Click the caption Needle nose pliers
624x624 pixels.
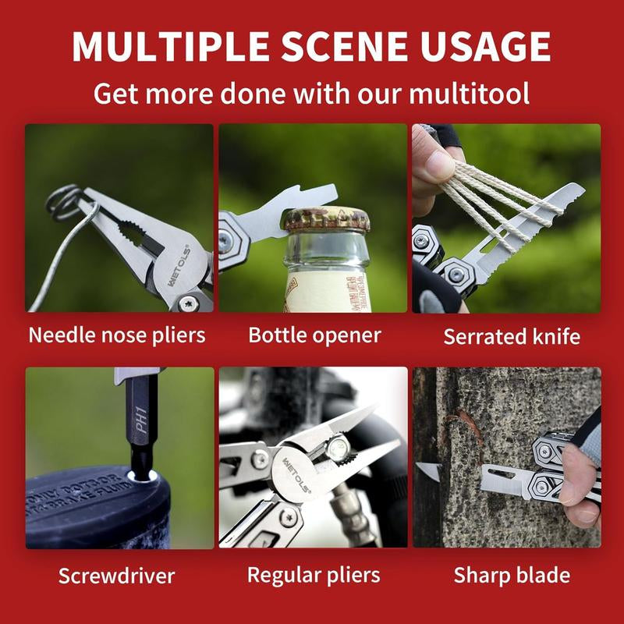tap(117, 335)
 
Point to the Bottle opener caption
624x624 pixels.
tap(314, 335)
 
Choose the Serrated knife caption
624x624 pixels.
tap(512, 337)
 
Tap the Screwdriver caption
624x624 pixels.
tap(117, 576)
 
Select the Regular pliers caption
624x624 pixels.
tap(314, 576)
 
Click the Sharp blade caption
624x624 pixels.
tap(512, 576)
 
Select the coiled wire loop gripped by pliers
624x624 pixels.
tap(66, 200)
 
